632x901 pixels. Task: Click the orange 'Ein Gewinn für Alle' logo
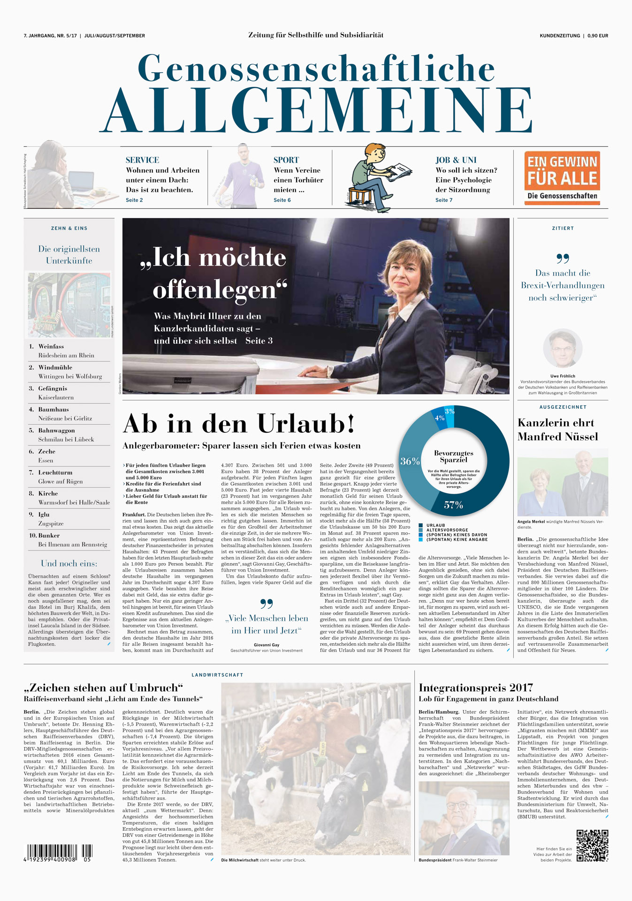[x=562, y=178]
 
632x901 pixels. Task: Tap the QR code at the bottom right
[x=592, y=846]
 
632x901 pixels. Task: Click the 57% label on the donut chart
[x=453, y=505]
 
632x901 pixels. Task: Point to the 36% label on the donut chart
[x=410, y=461]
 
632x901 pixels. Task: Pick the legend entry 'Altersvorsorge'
[x=447, y=530]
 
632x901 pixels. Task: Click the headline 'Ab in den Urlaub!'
[x=238, y=424]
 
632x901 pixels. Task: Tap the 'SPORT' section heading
[x=286, y=160]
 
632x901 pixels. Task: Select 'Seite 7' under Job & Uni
[x=443, y=200]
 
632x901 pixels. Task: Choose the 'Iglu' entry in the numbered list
[x=44, y=514]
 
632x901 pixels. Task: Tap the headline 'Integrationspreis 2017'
[x=476, y=688]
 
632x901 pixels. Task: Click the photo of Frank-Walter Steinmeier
[x=464, y=818]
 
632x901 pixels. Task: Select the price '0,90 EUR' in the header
[x=598, y=36]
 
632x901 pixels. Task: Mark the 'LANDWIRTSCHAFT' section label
[x=217, y=675]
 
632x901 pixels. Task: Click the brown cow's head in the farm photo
[x=296, y=723]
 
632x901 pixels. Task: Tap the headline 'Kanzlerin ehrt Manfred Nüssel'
[x=557, y=429]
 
